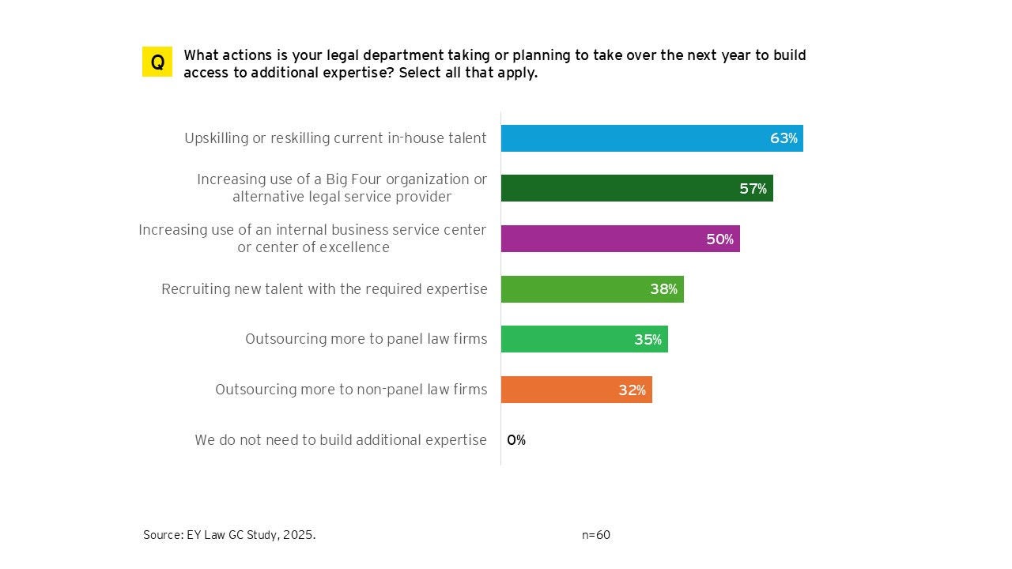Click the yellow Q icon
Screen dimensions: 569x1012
(x=157, y=62)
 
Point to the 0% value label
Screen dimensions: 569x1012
(x=516, y=440)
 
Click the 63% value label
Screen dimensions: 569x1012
(x=784, y=138)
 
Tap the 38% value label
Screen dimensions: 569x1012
(x=663, y=289)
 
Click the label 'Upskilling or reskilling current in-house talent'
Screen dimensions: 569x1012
(x=335, y=138)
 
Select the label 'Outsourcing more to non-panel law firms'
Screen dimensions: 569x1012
(x=351, y=390)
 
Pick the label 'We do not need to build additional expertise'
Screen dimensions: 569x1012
(x=341, y=440)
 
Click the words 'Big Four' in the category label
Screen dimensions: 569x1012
(x=368, y=179)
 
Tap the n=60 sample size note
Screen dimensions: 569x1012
(x=596, y=535)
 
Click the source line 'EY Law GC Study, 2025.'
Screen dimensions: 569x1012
(x=229, y=535)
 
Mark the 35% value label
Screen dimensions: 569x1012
(x=648, y=340)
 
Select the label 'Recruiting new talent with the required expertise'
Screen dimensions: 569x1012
(x=324, y=289)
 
